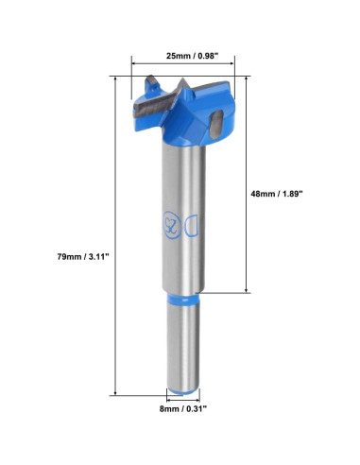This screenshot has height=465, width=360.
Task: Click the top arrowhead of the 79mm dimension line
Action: (116, 77)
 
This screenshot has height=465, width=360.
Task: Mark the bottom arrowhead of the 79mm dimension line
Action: (116, 391)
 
